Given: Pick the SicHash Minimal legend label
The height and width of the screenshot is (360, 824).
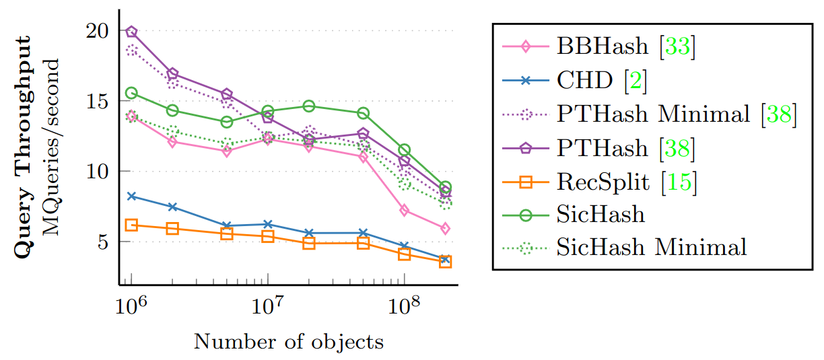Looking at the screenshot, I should [652, 247].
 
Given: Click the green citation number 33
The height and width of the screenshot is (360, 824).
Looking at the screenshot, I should [679, 48].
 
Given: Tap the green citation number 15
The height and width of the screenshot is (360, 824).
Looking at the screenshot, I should [681, 181].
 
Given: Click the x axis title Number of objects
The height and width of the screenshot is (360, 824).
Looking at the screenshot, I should [289, 342].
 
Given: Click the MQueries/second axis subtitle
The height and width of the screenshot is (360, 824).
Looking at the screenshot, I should [52, 146].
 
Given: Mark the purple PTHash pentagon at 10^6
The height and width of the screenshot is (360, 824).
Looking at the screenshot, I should [131, 32].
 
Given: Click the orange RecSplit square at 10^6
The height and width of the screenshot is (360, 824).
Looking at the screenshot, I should [131, 225].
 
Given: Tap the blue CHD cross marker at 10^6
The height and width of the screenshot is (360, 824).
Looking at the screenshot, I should [131, 196].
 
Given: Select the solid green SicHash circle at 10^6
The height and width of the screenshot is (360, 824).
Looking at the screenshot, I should [131, 93].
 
